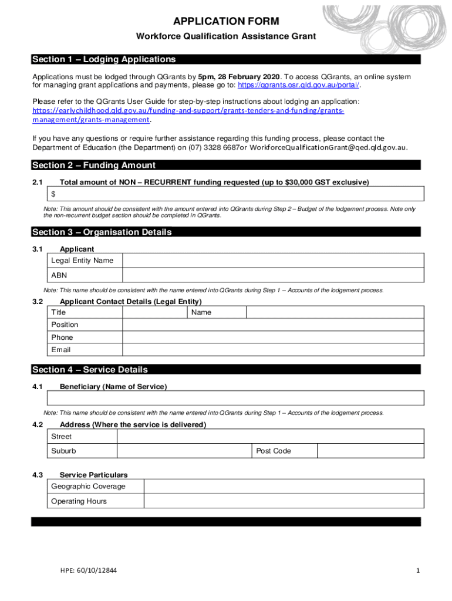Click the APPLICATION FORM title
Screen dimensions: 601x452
point(226,22)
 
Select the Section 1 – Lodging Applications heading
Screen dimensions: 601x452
point(104,59)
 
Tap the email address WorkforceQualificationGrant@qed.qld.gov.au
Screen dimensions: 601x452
point(328,147)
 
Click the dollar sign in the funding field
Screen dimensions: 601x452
point(53,194)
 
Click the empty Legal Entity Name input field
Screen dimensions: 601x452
point(272,261)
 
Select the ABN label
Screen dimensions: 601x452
point(59,275)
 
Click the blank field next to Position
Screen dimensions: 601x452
point(272,325)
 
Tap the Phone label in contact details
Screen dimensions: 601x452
point(62,337)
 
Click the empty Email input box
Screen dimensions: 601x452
point(272,350)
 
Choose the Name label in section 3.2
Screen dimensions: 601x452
point(201,312)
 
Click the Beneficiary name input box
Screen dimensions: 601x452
point(235,399)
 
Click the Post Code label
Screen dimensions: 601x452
point(274,451)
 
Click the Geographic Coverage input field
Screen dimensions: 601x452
point(284,487)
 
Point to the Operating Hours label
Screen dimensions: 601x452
point(79,501)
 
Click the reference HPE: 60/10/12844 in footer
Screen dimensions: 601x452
point(88,570)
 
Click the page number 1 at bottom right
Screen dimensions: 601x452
point(417,570)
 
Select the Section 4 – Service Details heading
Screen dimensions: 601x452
point(90,370)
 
